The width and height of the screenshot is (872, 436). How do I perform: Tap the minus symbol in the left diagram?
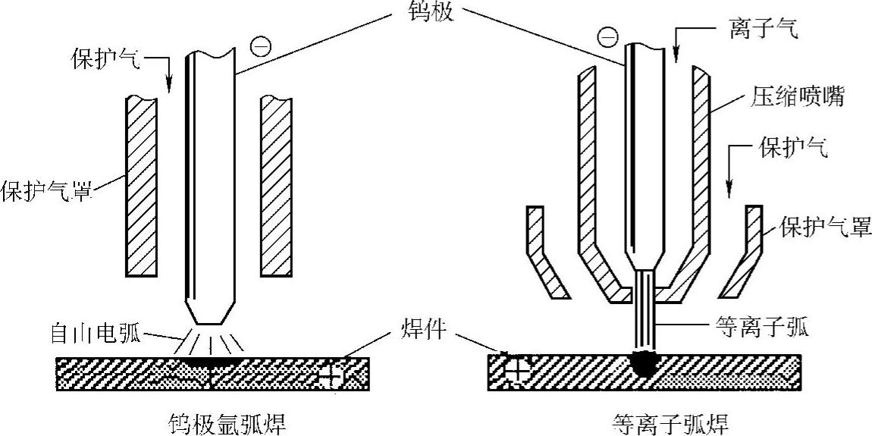coord(259,47)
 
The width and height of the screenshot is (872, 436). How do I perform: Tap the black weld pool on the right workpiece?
coord(642,364)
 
